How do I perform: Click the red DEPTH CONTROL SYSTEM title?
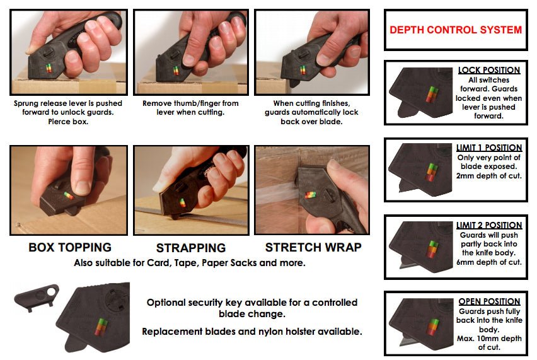click(456, 30)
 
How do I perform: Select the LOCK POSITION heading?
click(489, 70)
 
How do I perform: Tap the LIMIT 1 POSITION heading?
click(489, 148)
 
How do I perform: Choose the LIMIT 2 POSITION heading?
click(489, 225)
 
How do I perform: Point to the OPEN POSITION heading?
click(489, 301)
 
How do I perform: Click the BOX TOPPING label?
click(70, 247)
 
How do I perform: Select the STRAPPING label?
click(191, 248)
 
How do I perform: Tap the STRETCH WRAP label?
click(313, 247)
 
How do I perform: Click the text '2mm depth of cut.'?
click(488, 176)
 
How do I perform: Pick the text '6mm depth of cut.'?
click(488, 262)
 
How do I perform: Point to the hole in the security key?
click(51, 292)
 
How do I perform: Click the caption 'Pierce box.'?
click(68, 122)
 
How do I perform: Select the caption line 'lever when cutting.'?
click(190, 112)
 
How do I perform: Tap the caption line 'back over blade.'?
click(311, 122)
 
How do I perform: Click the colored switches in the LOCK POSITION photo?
click(432, 94)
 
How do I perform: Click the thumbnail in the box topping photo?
click(82, 187)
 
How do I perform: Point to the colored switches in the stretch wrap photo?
click(311, 195)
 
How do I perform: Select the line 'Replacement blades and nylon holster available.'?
click(252, 332)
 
